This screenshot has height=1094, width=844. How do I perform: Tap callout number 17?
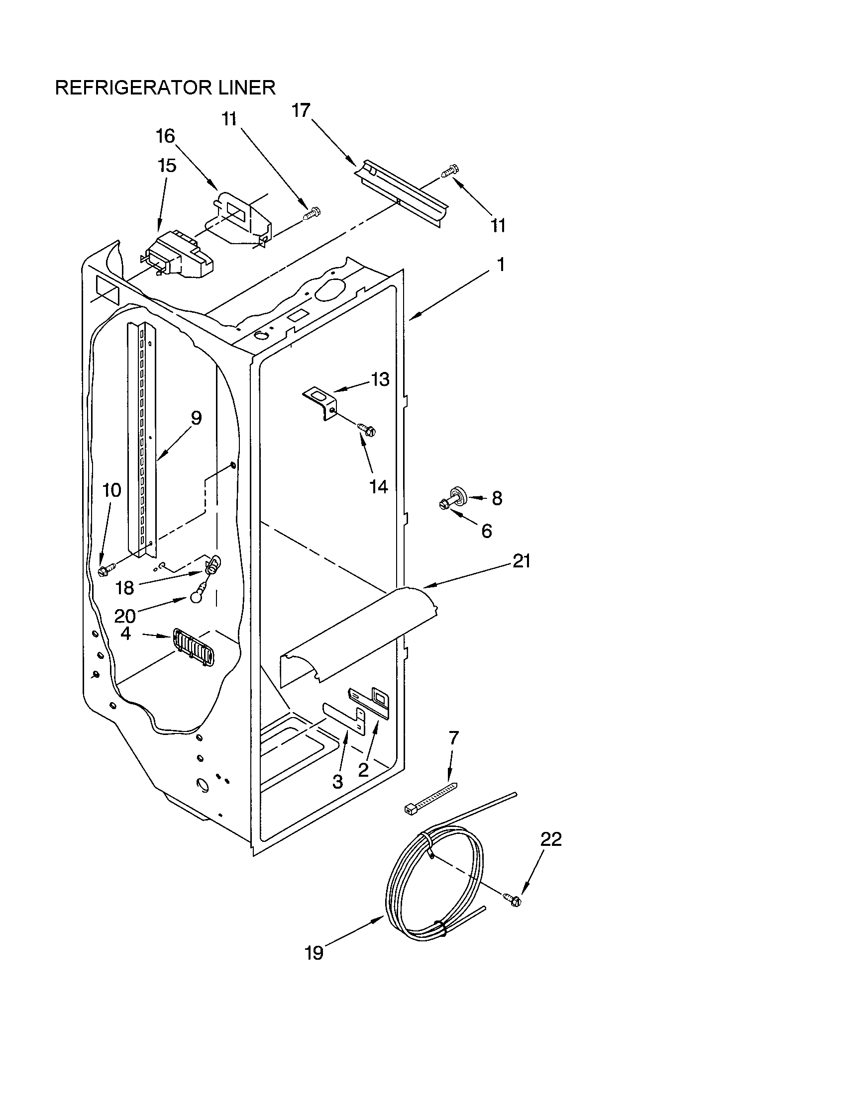click(x=301, y=110)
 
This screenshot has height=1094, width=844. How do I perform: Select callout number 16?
click(x=165, y=136)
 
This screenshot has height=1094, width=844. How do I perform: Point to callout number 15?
click(x=167, y=165)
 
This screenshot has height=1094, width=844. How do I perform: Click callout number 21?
click(x=521, y=561)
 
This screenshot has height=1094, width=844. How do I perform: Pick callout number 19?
click(x=314, y=953)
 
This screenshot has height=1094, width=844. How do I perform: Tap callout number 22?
click(x=551, y=839)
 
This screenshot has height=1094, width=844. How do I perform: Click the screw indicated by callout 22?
click(x=514, y=900)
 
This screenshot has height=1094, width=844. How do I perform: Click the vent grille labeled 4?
click(x=194, y=646)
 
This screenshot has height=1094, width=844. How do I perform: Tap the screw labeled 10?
click(x=107, y=569)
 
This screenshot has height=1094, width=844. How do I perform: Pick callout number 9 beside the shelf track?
click(x=196, y=418)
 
